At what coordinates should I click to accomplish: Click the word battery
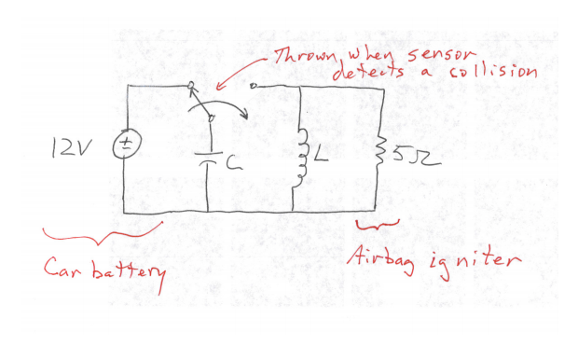click(x=130, y=271)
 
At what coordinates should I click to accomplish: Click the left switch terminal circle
click(x=192, y=86)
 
